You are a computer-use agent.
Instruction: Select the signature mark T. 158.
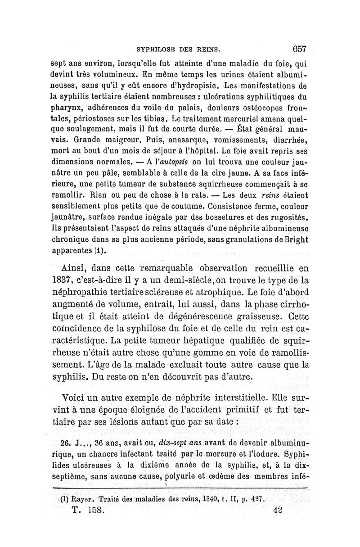tap(88, 511)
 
